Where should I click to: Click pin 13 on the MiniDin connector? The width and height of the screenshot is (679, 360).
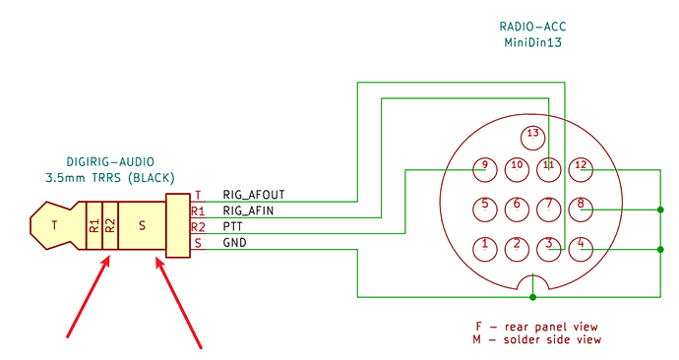pos(532,138)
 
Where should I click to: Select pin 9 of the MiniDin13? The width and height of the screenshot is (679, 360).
pos(485,169)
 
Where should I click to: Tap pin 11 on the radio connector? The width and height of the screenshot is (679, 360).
pos(549,169)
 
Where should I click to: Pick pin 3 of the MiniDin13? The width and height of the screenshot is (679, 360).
pos(549,249)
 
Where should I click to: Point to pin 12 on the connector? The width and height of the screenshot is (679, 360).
pos(581,169)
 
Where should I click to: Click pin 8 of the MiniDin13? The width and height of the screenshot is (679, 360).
pos(581,210)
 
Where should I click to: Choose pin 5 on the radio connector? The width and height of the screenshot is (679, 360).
pos(485,210)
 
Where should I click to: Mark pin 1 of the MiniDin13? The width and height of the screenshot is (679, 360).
pos(485,249)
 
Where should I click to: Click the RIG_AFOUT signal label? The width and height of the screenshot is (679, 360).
pos(254,195)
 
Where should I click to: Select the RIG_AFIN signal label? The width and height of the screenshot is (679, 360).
pos(248,210)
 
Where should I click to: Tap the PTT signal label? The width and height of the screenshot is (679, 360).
pos(232,226)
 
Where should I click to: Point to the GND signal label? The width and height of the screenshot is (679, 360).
pos(235,242)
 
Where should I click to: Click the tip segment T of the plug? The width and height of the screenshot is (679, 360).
pos(54,225)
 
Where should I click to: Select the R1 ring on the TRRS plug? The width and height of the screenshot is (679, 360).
pos(94,225)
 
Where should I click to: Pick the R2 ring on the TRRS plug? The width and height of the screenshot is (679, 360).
pos(110,225)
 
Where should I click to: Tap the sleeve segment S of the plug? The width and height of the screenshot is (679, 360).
pos(142,225)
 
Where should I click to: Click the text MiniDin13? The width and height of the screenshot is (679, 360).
pos(532,42)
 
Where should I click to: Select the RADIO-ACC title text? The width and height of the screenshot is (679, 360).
pos(532,27)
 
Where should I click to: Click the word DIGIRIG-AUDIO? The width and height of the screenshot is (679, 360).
pos(110,162)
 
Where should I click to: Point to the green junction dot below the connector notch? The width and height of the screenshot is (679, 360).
pos(533,297)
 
